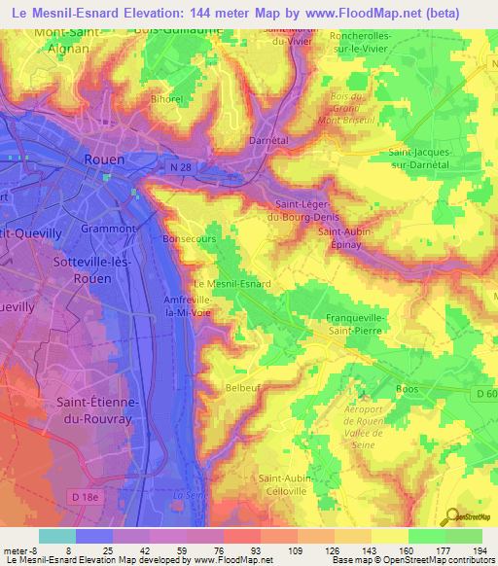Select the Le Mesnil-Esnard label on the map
point(233,283)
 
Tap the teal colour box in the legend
point(56,536)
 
